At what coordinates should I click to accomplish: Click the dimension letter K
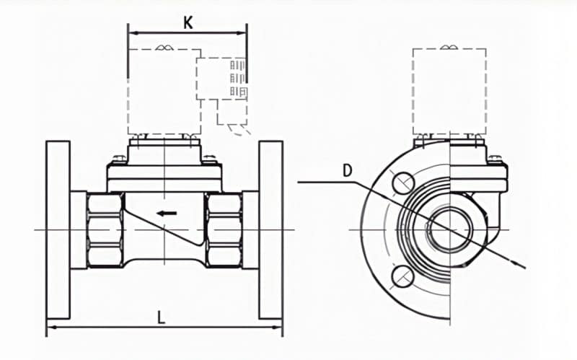(x=188, y=22)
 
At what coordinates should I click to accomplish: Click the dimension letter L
(x=162, y=317)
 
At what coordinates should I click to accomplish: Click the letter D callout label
(x=348, y=170)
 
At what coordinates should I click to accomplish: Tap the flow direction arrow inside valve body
(x=167, y=213)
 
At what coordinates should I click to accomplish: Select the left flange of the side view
(x=58, y=231)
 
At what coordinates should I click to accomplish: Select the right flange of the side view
(x=270, y=231)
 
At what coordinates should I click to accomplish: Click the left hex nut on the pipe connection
(x=105, y=229)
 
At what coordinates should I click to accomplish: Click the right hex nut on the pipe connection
(x=222, y=229)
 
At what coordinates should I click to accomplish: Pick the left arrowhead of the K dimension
(x=132, y=32)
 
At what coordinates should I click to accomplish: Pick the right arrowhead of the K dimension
(x=243, y=32)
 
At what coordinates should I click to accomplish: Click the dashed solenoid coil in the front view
(x=449, y=90)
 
